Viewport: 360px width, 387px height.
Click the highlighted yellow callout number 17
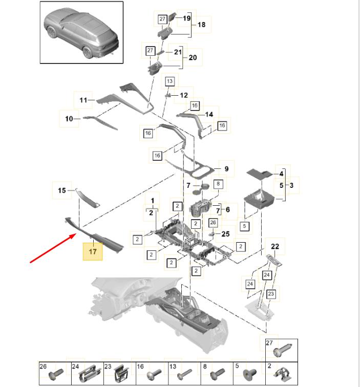pos(93,252)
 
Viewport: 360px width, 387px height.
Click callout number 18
pos(201,25)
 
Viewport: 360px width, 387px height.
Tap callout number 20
pos(193,58)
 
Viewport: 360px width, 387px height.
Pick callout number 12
pos(184,95)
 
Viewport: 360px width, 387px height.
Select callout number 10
pos(69,119)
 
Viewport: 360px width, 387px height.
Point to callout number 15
pos(62,190)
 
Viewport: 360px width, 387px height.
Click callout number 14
pos(209,115)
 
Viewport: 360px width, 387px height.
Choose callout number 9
pos(225,169)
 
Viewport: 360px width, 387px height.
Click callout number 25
pos(225,234)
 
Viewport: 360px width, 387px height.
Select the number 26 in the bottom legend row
pos(44,367)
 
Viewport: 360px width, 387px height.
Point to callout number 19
pos(186,18)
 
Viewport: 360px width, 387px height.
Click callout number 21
pos(178,52)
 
